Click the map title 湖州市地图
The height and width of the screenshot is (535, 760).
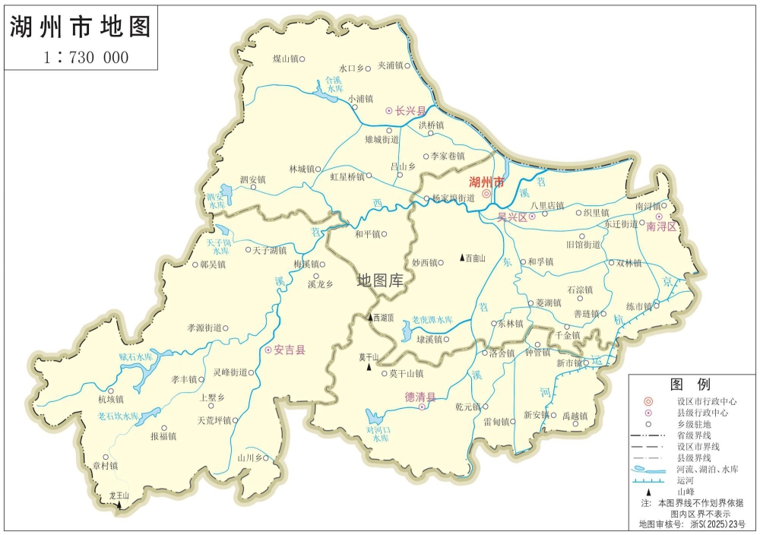pos(81,27)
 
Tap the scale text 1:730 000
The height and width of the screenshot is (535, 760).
pos(85,58)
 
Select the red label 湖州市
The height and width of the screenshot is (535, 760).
pos(486,182)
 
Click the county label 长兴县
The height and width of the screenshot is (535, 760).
pos(411,110)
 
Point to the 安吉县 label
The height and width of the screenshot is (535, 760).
pos(290,350)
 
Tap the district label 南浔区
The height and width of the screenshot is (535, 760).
pos(661,226)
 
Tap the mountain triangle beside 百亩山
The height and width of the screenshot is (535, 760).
pos(462,258)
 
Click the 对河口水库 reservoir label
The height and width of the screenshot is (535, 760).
pos(377,434)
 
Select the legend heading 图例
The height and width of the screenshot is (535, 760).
pos(689,384)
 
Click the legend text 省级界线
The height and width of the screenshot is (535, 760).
pos(693,435)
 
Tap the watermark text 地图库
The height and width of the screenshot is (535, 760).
pos(381,280)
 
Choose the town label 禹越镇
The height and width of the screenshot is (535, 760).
pos(575,416)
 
